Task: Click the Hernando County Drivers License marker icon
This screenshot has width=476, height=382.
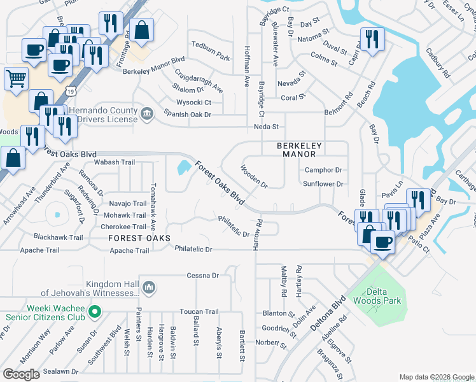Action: (x=147, y=114)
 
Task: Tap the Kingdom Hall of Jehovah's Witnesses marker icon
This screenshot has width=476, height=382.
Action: (x=148, y=288)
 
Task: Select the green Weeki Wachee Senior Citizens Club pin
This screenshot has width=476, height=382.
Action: (x=95, y=311)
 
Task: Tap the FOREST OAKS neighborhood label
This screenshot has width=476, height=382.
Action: (x=139, y=237)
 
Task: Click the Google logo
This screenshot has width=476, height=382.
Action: (x=22, y=374)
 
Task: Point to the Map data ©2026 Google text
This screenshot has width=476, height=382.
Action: (x=436, y=377)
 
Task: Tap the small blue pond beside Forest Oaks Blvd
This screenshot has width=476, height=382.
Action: (x=183, y=168)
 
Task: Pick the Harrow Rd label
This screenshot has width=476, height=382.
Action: (x=259, y=234)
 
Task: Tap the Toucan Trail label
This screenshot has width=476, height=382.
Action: (x=199, y=312)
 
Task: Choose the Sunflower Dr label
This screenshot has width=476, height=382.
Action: (x=323, y=184)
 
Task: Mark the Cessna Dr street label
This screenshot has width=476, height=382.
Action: (x=202, y=276)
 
